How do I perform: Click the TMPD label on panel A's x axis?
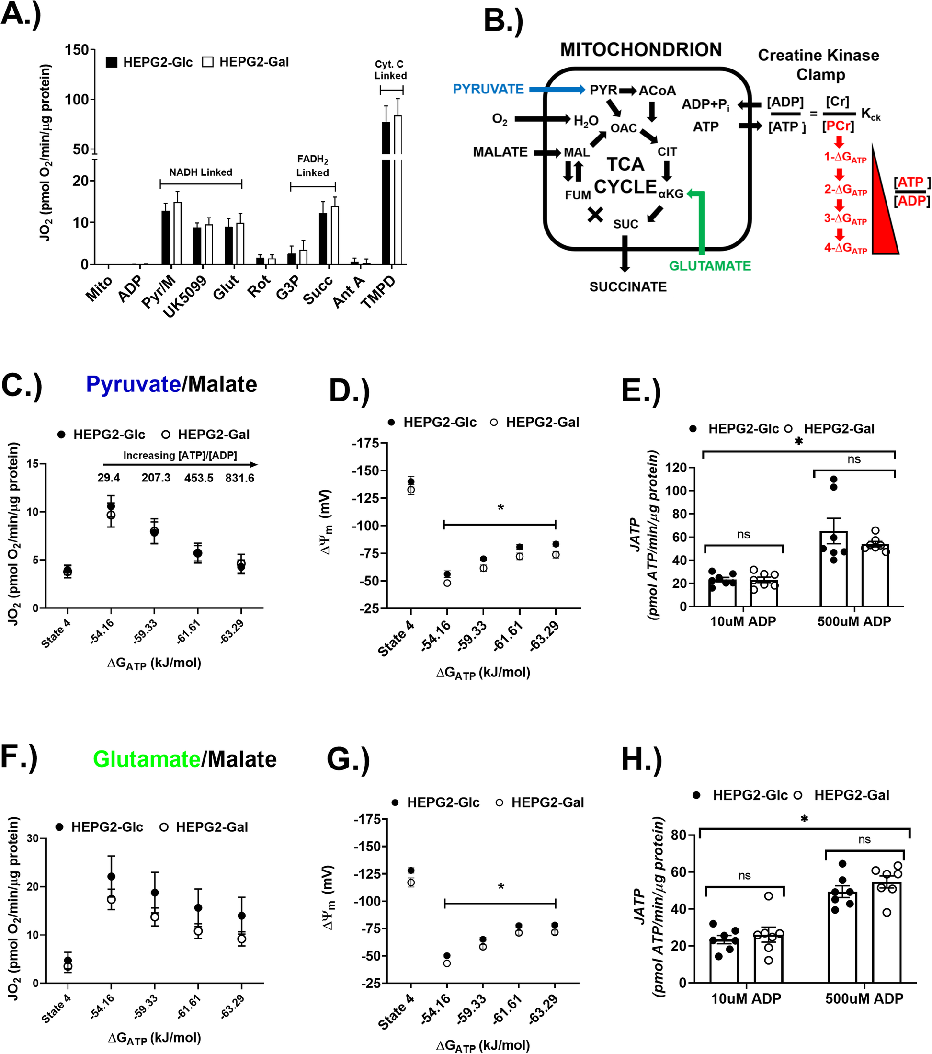(x=379, y=292)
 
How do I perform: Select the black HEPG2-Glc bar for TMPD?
(x=386, y=196)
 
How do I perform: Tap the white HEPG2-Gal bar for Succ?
(x=335, y=235)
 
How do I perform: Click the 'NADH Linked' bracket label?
(x=201, y=172)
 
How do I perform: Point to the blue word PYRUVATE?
(x=488, y=89)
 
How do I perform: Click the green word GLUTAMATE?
(x=710, y=265)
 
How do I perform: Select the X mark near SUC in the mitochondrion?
(x=595, y=215)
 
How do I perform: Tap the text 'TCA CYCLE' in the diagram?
(x=625, y=176)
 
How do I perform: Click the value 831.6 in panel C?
(x=239, y=478)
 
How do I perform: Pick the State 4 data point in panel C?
(x=68, y=571)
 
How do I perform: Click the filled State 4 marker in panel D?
(x=411, y=481)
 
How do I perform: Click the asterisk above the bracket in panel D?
(x=500, y=508)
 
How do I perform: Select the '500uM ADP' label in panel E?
(x=854, y=621)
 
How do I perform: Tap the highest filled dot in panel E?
(x=833, y=479)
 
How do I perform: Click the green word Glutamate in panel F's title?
(x=147, y=759)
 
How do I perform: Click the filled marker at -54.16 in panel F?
(x=111, y=877)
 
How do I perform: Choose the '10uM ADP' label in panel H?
(x=746, y=999)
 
